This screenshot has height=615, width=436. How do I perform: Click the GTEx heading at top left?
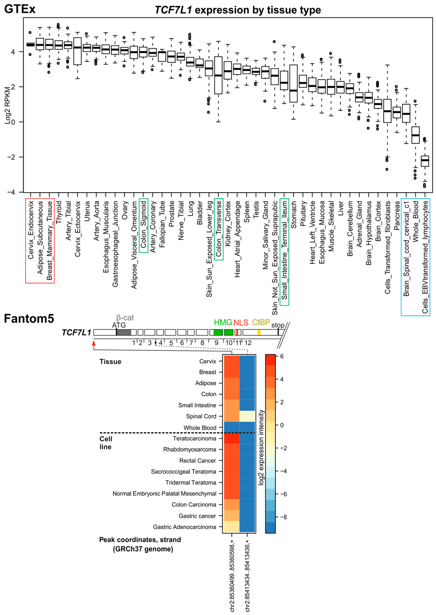click(20, 9)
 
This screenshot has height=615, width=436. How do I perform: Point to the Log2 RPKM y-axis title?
click(7, 104)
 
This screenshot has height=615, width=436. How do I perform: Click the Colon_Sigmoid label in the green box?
click(143, 226)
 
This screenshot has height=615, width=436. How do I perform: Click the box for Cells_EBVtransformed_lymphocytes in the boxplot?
click(425, 161)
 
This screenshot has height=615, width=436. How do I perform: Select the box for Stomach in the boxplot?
click(293, 83)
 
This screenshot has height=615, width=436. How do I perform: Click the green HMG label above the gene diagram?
click(223, 323)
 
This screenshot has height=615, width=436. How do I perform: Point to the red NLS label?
click(241, 323)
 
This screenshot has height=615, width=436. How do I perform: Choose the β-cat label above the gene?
click(125, 318)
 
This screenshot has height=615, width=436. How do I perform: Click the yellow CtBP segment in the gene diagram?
click(258, 332)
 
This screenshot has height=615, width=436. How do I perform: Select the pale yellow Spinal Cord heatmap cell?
click(247, 416)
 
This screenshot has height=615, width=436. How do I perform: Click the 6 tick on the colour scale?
click(281, 356)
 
